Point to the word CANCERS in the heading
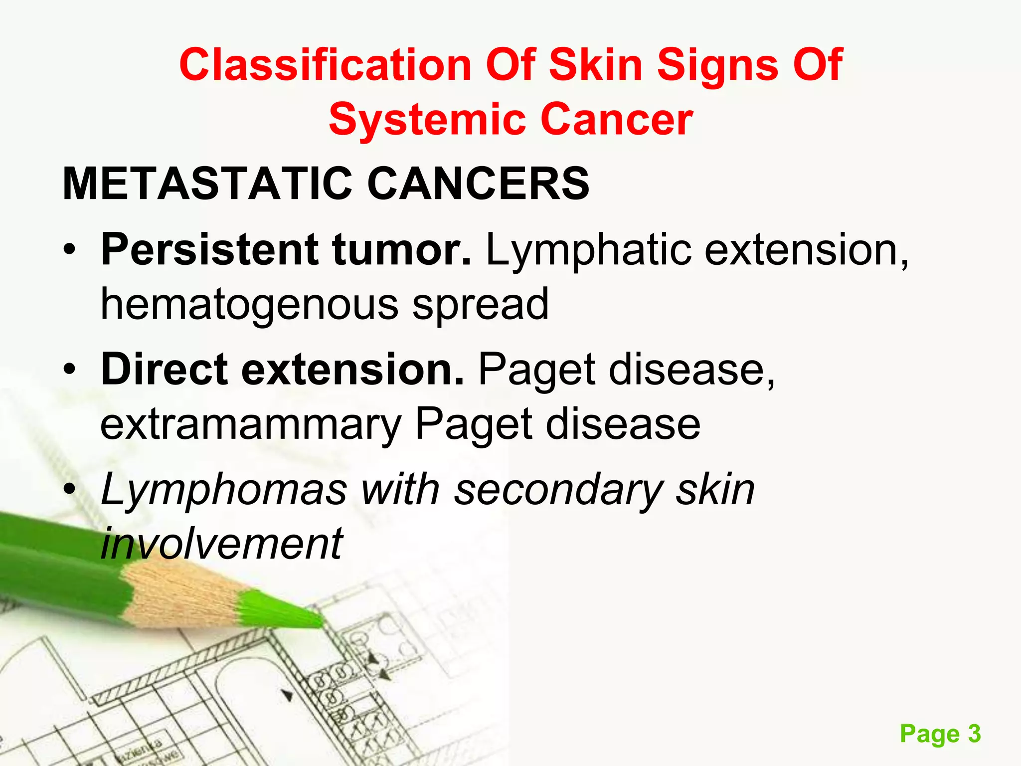pos(478,184)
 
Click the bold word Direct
pos(165,370)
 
